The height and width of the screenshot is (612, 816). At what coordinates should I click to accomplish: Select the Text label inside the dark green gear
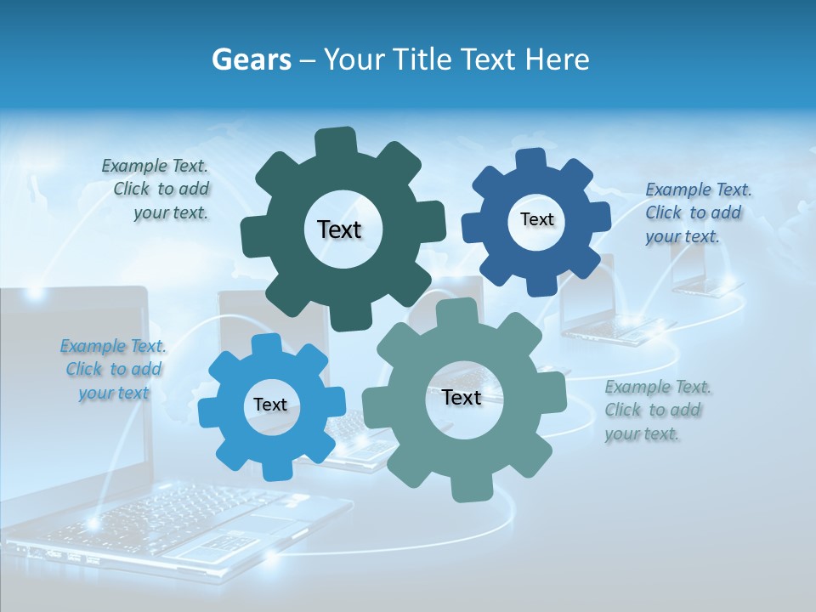click(x=339, y=229)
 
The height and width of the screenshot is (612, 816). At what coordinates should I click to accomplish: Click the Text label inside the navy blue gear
click(x=536, y=219)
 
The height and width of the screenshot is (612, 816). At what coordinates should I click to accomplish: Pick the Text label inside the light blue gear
click(x=270, y=405)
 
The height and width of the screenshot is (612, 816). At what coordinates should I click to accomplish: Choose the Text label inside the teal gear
click(x=462, y=397)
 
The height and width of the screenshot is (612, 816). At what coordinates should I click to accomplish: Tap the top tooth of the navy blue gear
click(x=531, y=159)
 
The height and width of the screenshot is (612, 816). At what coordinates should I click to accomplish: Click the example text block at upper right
click(x=697, y=212)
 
